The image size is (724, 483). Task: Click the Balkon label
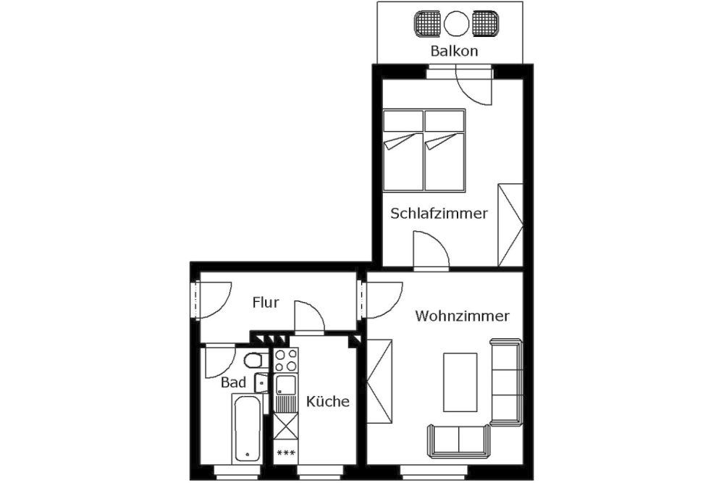click(x=454, y=51)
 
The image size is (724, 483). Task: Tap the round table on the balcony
click(x=456, y=23)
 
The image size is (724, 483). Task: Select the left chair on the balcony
click(x=427, y=23)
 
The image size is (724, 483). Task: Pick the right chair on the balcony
click(x=485, y=23)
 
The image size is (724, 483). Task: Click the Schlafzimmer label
click(x=439, y=214)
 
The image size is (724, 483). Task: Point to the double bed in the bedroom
click(x=424, y=150)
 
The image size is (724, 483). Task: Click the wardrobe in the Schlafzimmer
click(x=510, y=225)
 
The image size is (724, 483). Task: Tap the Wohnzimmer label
click(x=462, y=316)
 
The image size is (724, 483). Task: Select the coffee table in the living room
click(x=460, y=382)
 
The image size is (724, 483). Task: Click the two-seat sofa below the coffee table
click(x=458, y=440)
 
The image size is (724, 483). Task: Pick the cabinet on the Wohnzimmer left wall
click(x=379, y=382)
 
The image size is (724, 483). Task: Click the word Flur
click(x=266, y=303)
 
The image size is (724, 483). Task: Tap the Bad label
click(x=234, y=382)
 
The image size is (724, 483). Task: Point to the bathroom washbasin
click(x=261, y=382)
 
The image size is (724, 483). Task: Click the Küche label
click(x=328, y=400)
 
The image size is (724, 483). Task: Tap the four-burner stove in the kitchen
click(x=286, y=361)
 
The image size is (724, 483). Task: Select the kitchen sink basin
click(x=286, y=385)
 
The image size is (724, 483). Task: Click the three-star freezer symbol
click(x=286, y=453)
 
